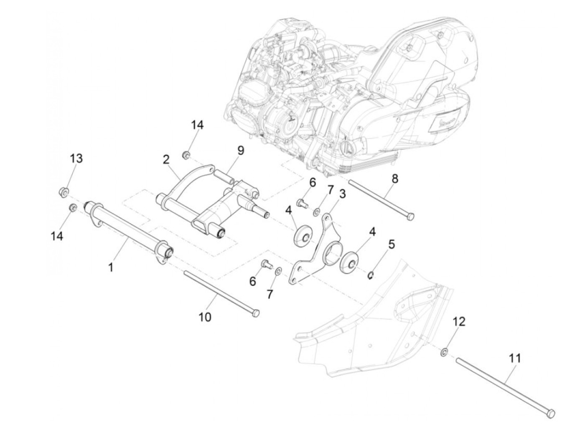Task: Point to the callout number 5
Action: pos(391,245)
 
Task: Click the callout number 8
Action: pos(395,167)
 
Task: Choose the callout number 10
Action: pos(205,317)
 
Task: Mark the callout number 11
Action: pos(514,358)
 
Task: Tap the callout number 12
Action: pos(459,322)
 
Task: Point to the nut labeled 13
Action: pos(64,192)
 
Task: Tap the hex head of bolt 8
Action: pos(410,216)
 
